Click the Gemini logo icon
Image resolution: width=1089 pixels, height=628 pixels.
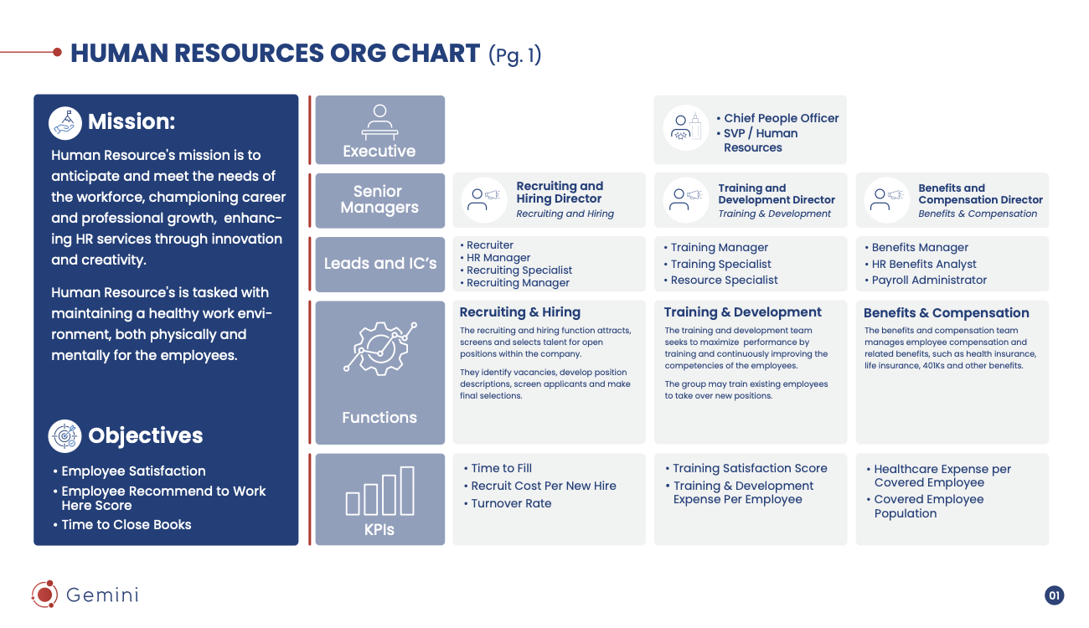pyautogui.click(x=44, y=594)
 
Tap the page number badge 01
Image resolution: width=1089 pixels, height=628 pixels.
pyautogui.click(x=1054, y=595)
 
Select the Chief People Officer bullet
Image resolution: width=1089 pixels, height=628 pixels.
pyautogui.click(x=781, y=118)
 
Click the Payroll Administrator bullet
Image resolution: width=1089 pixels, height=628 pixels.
pyautogui.click(x=929, y=280)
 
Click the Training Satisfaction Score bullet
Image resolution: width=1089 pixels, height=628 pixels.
pyautogui.click(x=750, y=468)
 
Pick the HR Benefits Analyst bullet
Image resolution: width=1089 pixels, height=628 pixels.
pyautogui.click(x=924, y=264)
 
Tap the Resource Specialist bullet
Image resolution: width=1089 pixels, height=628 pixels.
pyautogui.click(x=724, y=280)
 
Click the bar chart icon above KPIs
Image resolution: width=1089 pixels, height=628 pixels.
pyautogui.click(x=379, y=492)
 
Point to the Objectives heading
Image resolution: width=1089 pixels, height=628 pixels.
pyautogui.click(x=145, y=435)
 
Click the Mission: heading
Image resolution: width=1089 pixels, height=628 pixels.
pyautogui.click(x=131, y=121)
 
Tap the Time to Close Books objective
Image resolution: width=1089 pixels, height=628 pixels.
pyautogui.click(x=126, y=524)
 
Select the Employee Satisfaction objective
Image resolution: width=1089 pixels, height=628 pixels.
pyautogui.click(x=133, y=471)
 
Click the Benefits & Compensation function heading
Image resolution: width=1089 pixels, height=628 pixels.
pyautogui.click(x=946, y=312)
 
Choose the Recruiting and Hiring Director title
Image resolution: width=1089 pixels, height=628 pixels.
pyautogui.click(x=559, y=193)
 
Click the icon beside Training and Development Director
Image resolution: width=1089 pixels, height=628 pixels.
pyautogui.click(x=686, y=199)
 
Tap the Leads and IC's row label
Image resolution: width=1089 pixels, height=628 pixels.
pyautogui.click(x=380, y=263)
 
